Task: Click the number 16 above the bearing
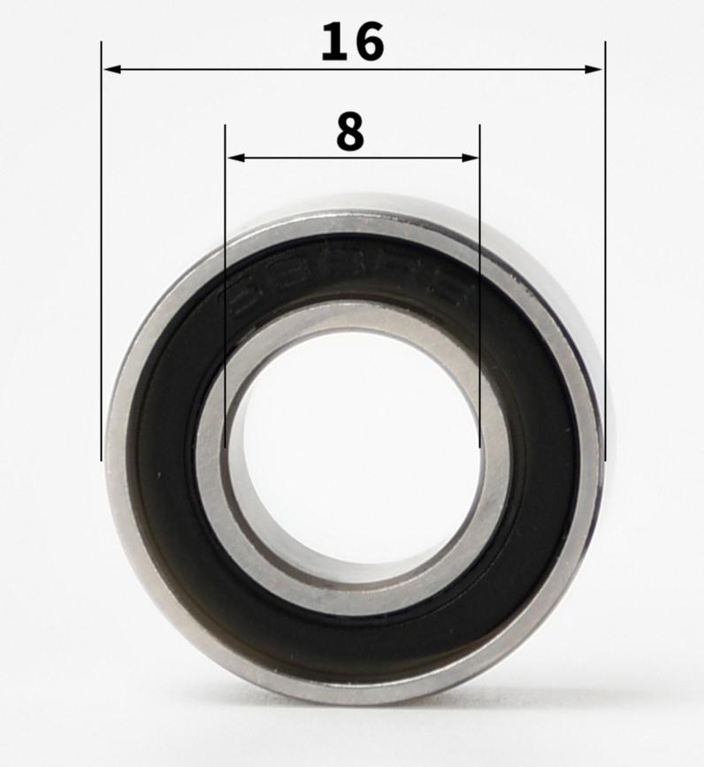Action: coord(352,42)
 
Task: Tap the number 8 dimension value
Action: coord(350,133)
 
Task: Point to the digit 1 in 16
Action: coord(333,42)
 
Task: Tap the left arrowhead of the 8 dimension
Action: coord(233,158)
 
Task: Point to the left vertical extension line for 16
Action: coord(102,265)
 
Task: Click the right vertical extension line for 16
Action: coord(604,265)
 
